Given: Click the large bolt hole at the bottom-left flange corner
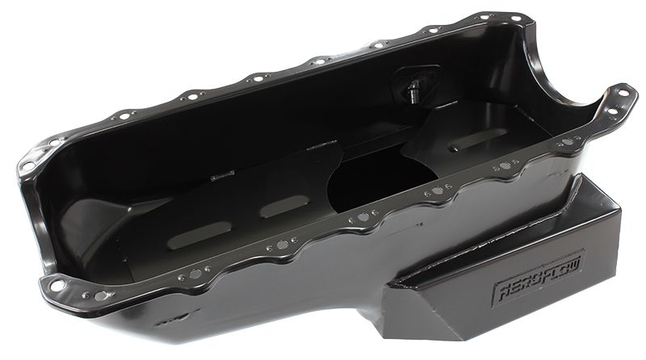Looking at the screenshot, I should tap(57, 284).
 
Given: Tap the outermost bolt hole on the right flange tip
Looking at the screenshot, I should tap(623, 94).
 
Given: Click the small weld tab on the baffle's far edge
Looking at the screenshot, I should tap(222, 175).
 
